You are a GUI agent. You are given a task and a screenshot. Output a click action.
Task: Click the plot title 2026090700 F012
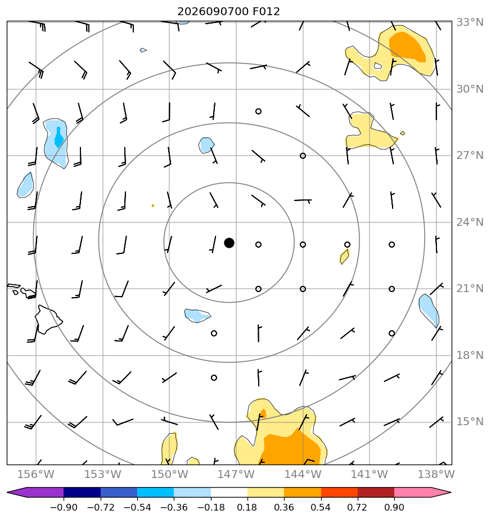point(228,12)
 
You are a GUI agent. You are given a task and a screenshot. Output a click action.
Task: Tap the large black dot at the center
point(229,243)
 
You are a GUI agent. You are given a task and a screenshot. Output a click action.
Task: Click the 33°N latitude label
point(470,22)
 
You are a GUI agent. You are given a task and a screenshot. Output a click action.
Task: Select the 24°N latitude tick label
point(470,222)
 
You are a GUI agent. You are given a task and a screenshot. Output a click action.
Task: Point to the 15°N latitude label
point(470,422)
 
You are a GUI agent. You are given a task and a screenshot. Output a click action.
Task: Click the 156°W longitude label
point(36,474)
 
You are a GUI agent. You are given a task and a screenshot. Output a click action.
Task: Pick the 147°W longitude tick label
point(236,474)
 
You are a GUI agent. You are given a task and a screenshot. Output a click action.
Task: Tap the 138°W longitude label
point(436,474)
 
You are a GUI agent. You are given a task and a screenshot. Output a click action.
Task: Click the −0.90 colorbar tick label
point(64,507)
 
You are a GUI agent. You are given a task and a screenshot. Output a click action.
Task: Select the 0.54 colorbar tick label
point(321,507)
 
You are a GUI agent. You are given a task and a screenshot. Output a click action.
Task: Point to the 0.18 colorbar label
point(247,507)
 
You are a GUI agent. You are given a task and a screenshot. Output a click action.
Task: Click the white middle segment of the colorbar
point(229,493)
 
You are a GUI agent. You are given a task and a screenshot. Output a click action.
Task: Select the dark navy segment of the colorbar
point(82,493)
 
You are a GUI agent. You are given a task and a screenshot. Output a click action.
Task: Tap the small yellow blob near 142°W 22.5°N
point(344,257)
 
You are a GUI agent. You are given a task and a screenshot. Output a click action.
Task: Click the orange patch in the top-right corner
point(408,46)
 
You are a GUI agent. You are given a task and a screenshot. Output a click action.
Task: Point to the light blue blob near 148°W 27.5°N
point(206,145)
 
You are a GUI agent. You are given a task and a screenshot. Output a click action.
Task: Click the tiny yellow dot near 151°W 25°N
point(153,206)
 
